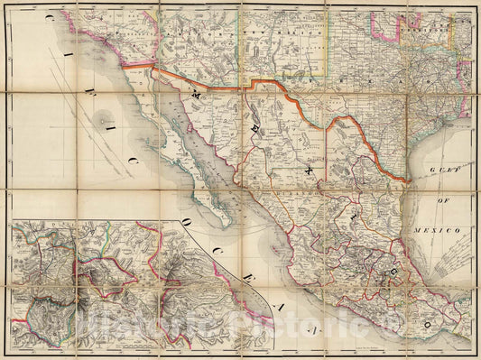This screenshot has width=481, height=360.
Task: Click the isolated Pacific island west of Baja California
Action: (106, 116)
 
